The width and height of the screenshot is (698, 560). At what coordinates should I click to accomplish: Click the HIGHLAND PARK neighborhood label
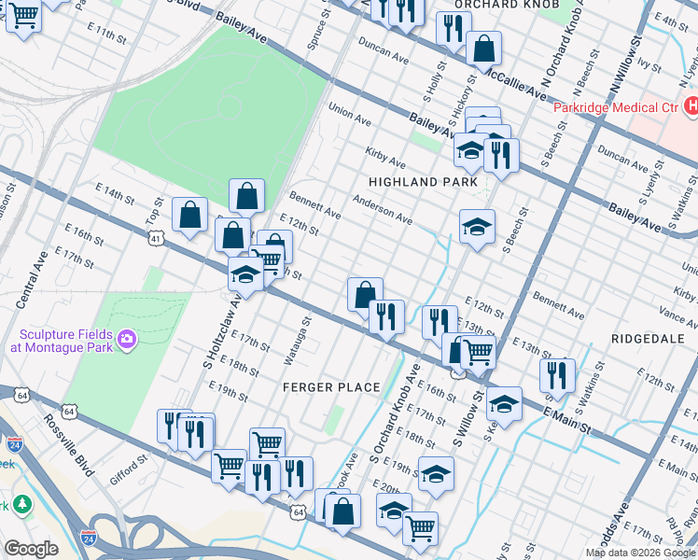(423, 182)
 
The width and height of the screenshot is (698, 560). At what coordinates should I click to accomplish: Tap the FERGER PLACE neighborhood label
(333, 387)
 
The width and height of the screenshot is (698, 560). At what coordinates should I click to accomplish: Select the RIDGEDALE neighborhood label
(648, 337)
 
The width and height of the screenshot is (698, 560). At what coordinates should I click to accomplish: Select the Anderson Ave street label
(383, 209)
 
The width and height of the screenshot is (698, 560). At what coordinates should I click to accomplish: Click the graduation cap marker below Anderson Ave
(477, 227)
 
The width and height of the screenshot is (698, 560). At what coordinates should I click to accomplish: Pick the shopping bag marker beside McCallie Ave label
(484, 48)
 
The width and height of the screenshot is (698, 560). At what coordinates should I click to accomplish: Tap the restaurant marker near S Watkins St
(557, 375)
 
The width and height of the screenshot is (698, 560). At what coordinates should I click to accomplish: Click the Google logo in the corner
(31, 549)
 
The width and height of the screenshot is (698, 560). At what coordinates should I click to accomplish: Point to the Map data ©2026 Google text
(640, 553)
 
